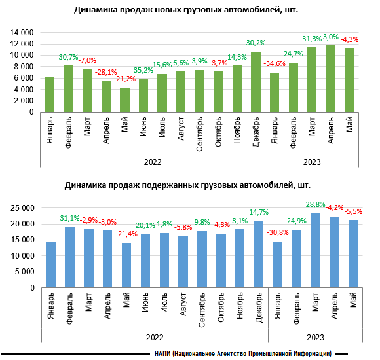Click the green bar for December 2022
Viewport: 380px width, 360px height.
[256, 82]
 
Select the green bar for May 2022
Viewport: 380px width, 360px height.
[124, 99]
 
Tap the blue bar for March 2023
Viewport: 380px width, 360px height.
[315, 251]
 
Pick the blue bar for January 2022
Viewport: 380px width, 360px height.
[50, 264]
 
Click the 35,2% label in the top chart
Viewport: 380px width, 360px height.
[143, 70]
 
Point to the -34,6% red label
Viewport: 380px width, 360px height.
[275, 63]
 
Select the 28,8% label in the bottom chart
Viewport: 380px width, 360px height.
[315, 205]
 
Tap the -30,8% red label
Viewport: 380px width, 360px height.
[278, 232]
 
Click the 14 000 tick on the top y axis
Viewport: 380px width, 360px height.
[22, 33]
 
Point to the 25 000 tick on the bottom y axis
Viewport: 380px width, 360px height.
[22, 208]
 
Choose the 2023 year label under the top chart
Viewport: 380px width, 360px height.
[312, 162]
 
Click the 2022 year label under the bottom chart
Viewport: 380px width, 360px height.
[155, 338]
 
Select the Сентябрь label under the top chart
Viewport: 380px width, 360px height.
[199, 134]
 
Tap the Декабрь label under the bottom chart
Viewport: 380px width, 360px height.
[259, 308]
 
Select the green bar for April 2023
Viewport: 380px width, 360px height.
[331, 79]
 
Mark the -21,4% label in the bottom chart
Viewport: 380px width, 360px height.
[126, 234]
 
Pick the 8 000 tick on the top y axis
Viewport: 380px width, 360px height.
[24, 67]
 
